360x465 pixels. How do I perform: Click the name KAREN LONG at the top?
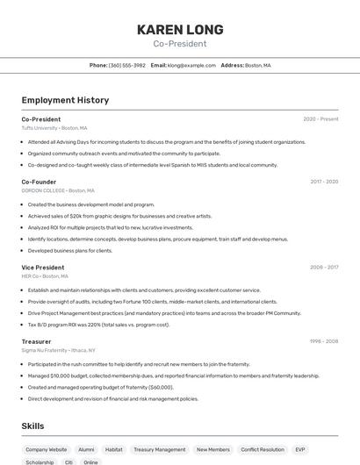tap(180, 30)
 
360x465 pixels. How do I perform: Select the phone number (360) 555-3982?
tap(127, 65)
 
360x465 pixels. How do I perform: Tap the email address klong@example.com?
tap(191, 65)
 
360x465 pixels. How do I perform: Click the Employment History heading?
tap(65, 100)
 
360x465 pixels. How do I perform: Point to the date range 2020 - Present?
tap(320, 119)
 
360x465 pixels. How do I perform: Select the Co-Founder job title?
tap(39, 182)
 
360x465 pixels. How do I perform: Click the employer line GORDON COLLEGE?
tap(57, 190)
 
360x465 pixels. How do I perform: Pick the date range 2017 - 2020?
tap(323, 182)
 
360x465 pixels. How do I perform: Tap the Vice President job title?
tap(43, 267)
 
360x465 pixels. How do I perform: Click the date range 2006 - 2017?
tap(323, 267)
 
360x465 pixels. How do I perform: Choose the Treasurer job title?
tap(37, 341)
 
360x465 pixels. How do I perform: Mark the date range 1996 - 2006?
tap(323, 341)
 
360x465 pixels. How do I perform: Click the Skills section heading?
tap(33, 426)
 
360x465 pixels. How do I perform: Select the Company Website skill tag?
tap(46, 449)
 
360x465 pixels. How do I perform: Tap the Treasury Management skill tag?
tap(159, 449)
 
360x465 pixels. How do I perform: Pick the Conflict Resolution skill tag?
tap(263, 449)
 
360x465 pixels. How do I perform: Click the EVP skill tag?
tap(300, 449)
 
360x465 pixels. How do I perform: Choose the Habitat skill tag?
tap(114, 449)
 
